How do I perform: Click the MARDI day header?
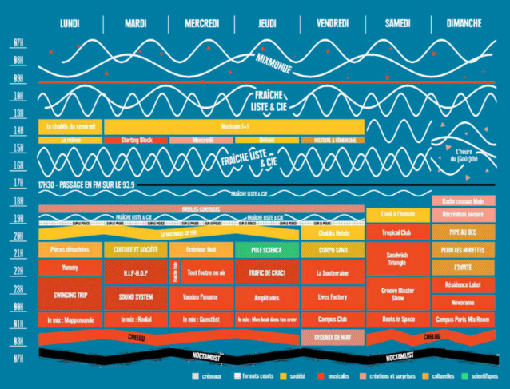136,24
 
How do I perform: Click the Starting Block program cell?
136,140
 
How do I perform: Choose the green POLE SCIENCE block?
267,249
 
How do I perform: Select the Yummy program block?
70,268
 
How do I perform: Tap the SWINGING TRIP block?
70,294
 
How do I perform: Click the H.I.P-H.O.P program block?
136,272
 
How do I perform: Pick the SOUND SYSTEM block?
136,296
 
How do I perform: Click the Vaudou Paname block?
201,296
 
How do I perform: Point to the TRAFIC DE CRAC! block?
267,272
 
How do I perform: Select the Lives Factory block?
332,296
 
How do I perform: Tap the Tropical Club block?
397,232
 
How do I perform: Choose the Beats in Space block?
397,319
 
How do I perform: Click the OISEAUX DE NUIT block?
332,338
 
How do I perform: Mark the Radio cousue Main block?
463,200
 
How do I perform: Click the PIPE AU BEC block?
463,232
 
